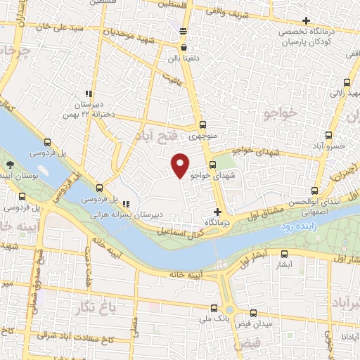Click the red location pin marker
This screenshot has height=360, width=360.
[x=181, y=165]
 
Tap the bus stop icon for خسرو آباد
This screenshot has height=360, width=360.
[x=328, y=135]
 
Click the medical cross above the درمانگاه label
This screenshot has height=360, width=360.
[x=218, y=212]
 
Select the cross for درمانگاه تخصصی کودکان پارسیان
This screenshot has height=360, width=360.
[x=304, y=20]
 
